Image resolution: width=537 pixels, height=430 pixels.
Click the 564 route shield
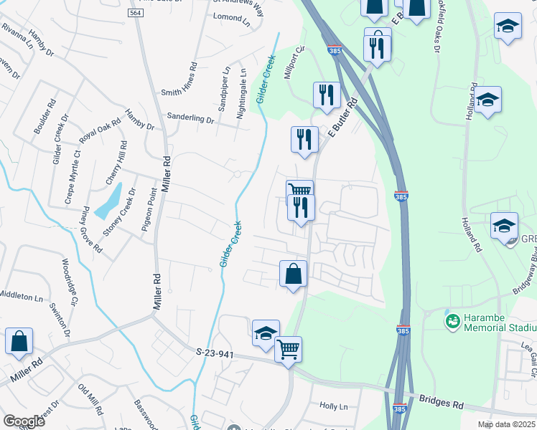click(135, 14)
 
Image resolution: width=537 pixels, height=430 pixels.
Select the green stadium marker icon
click(453, 320)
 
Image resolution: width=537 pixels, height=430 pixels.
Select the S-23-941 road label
click(215, 352)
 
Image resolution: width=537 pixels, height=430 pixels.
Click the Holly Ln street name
click(333, 406)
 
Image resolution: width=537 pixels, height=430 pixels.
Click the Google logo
click(24, 421)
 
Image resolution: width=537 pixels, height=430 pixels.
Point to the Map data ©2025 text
click(505, 424)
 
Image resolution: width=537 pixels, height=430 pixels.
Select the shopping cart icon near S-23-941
click(288, 350)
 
